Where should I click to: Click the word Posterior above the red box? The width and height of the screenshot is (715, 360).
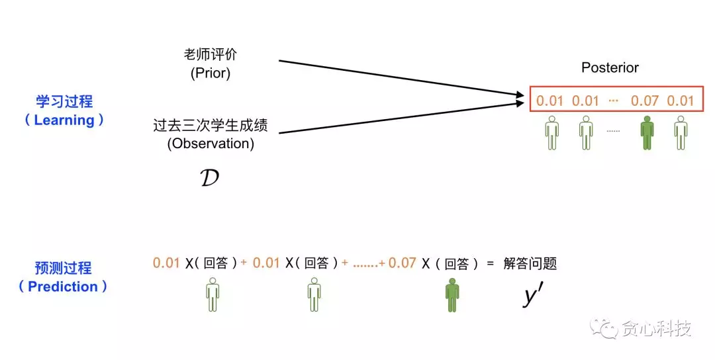click(610, 67)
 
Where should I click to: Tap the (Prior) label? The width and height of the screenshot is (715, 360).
click(210, 73)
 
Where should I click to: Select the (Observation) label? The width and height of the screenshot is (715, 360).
click(210, 143)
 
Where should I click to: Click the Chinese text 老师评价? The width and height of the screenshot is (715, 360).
click(210, 54)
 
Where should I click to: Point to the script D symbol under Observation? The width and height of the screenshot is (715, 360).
click(209, 178)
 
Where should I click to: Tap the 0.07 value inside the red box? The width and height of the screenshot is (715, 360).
click(645, 101)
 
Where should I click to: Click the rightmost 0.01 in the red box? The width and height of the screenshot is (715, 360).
click(680, 101)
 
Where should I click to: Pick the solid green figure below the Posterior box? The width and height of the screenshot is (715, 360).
click(647, 132)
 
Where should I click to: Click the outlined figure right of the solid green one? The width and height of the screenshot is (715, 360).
click(680, 132)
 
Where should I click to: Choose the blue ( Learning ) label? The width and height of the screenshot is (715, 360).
click(64, 120)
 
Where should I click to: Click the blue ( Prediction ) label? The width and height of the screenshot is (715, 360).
click(64, 287)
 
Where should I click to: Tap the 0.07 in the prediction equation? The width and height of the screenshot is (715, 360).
click(402, 263)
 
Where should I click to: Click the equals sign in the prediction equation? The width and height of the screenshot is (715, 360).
click(491, 264)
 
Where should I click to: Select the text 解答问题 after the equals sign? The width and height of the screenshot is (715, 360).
click(530, 264)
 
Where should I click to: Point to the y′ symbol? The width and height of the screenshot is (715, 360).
click(532, 296)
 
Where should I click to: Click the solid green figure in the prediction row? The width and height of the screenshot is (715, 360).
click(452, 295)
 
